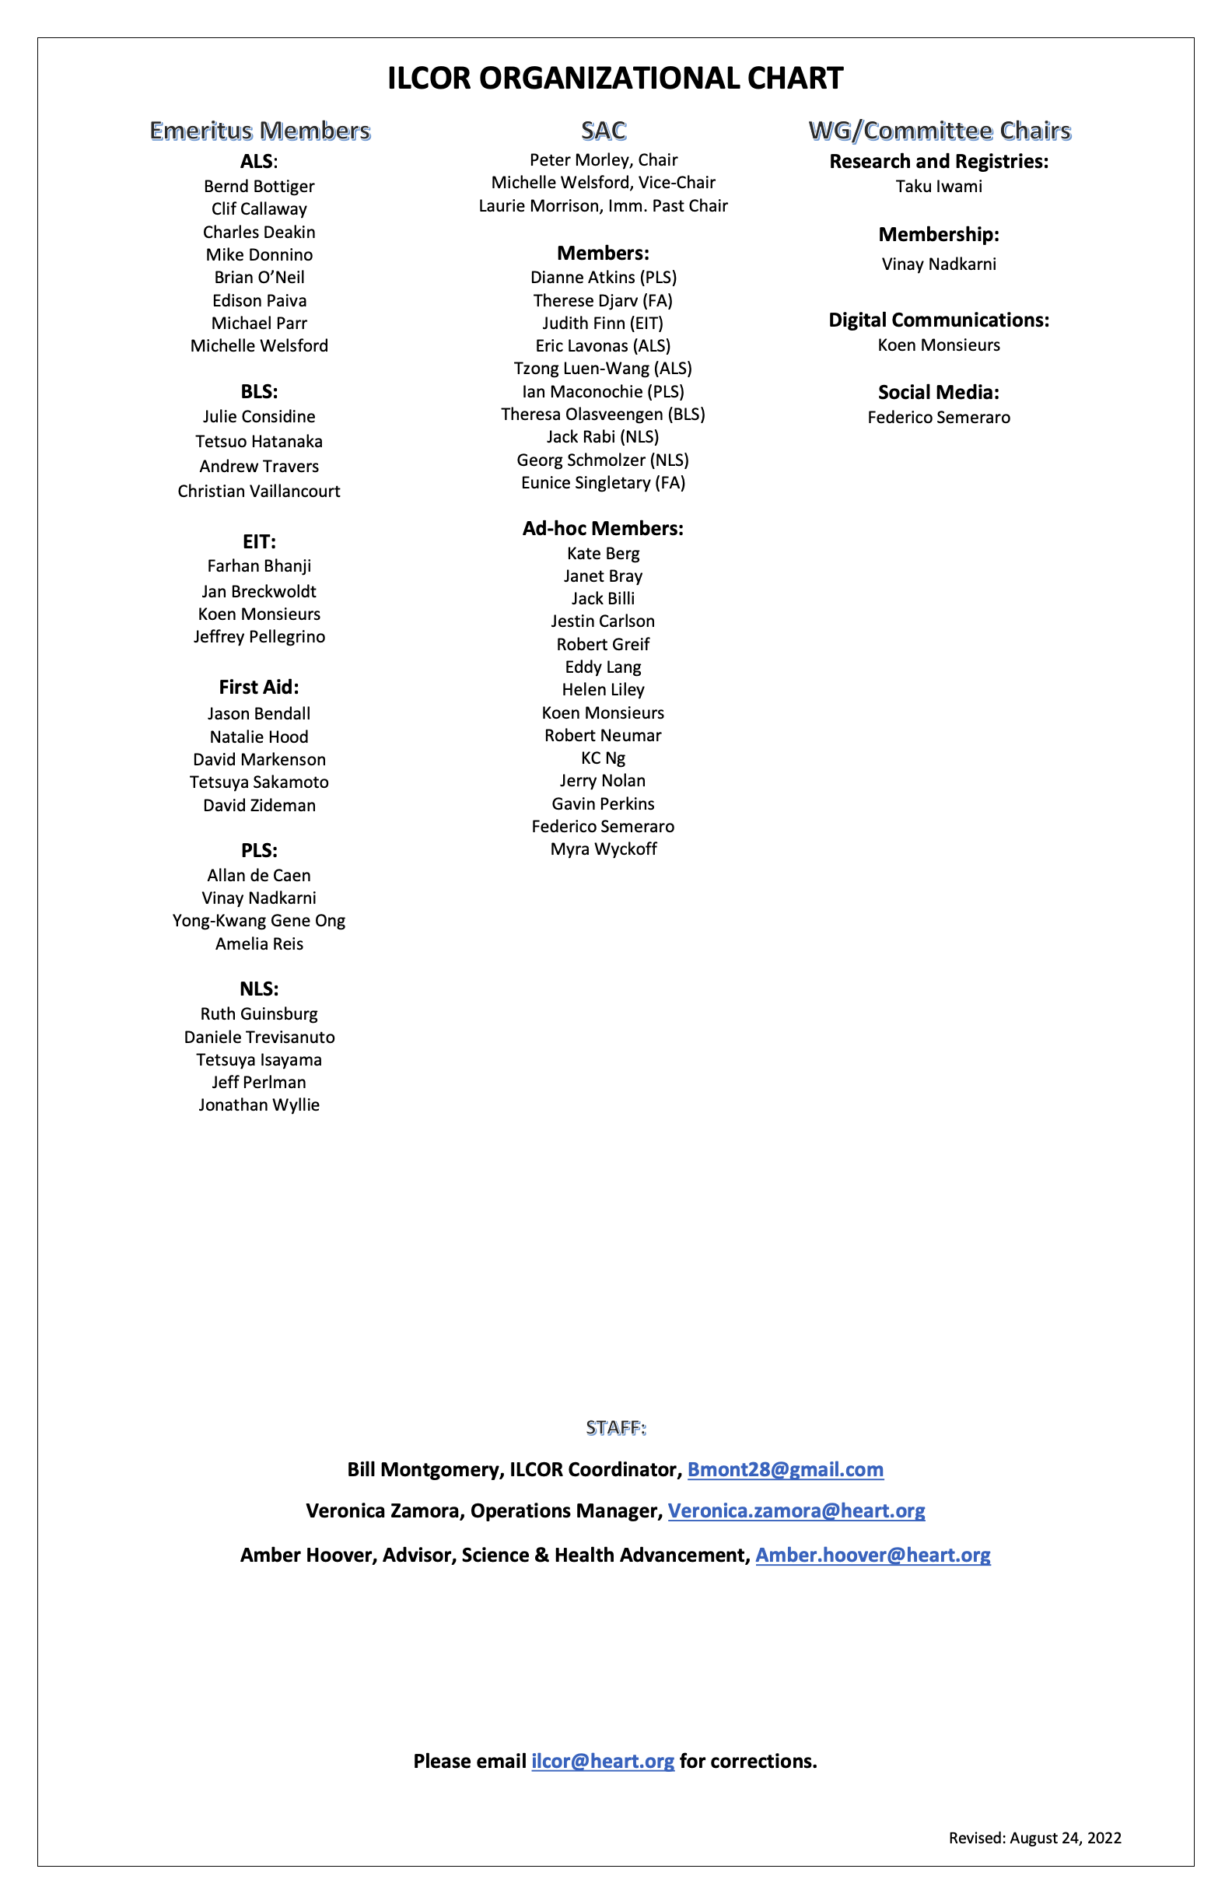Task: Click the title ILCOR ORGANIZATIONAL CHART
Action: pos(615,79)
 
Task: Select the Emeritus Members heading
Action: pos(260,131)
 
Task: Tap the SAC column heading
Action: pos(604,131)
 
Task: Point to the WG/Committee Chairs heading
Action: pos(940,131)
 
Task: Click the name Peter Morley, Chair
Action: pos(604,160)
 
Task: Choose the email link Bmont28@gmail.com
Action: pos(785,1469)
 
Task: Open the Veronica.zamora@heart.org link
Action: pos(796,1510)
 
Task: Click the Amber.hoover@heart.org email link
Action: pos(873,1555)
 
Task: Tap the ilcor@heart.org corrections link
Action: pos(603,1761)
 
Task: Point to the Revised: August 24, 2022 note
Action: pos(1034,1838)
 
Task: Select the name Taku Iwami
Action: pos(939,187)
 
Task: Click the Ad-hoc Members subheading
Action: pos(604,528)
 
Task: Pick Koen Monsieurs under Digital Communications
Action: pos(939,345)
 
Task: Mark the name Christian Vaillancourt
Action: pos(259,492)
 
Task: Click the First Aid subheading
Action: pos(259,688)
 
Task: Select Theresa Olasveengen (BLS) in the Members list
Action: pos(604,415)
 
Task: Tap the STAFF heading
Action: pos(615,1428)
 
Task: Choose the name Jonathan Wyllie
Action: pos(259,1104)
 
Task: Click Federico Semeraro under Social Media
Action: pos(939,418)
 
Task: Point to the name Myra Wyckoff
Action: pos(604,849)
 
